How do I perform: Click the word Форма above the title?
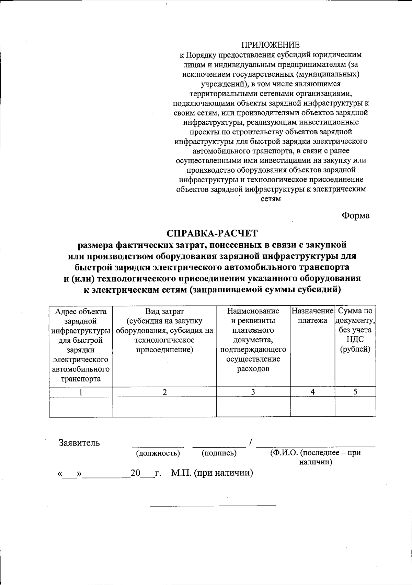click(355, 216)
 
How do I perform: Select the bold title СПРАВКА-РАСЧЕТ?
click(212, 233)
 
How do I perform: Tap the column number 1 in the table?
click(81, 392)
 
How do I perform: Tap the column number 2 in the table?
click(165, 392)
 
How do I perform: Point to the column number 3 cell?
click(253, 392)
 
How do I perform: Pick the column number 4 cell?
click(312, 392)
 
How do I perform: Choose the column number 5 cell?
click(355, 392)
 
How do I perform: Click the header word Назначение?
click(312, 311)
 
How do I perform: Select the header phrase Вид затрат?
click(164, 311)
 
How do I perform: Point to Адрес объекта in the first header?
click(81, 312)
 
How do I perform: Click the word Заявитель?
click(79, 443)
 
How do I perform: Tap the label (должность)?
click(158, 453)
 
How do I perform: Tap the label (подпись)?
click(219, 453)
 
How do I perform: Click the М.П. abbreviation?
click(182, 473)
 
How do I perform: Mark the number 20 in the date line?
click(136, 473)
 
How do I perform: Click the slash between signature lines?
click(251, 443)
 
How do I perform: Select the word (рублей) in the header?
click(355, 350)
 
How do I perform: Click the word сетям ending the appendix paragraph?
click(271, 199)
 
